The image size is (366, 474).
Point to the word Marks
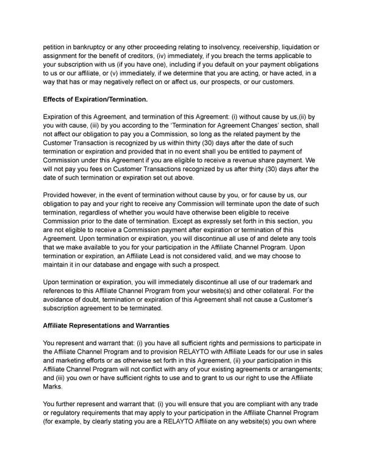(54, 387)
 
